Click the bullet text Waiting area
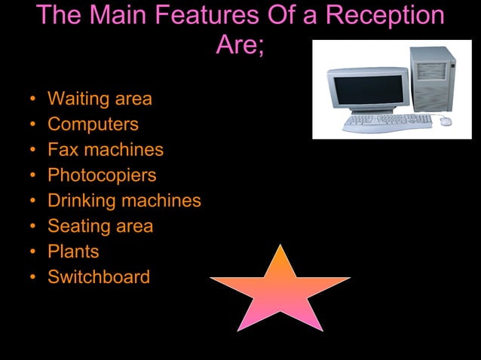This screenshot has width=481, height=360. click(100, 99)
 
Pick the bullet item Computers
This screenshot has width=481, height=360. click(93, 124)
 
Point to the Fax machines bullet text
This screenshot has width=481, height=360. click(106, 150)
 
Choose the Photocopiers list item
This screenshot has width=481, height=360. click(102, 175)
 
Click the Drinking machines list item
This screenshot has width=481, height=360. click(124, 201)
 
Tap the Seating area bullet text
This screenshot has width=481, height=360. click(100, 227)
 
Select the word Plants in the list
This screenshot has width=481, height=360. click(73, 252)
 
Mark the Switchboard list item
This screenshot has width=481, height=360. click(99, 277)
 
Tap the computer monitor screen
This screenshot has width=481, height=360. click(367, 91)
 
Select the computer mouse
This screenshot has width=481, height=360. click(446, 121)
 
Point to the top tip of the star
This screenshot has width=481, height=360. click(280, 246)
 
